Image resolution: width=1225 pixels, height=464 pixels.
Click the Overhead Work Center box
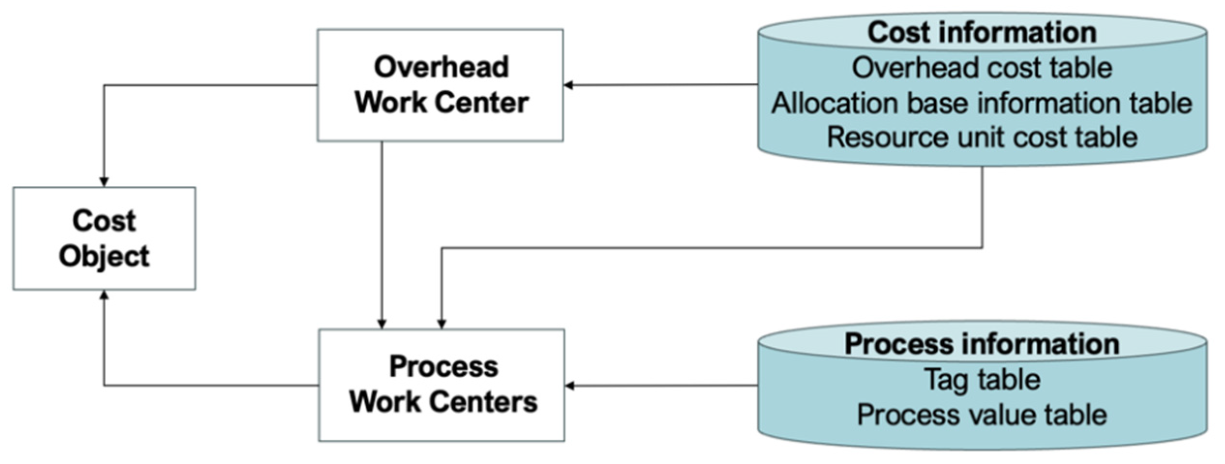coord(440,85)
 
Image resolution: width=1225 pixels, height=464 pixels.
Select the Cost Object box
coord(104,238)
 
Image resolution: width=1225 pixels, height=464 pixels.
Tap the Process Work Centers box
coord(441,385)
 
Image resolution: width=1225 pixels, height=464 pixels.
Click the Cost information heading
coord(982,32)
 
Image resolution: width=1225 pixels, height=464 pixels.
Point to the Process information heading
coord(982,344)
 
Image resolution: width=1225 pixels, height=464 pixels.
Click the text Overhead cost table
coord(982,68)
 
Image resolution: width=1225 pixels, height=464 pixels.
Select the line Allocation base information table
coord(982,103)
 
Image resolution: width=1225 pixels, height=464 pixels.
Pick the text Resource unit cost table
coord(982,138)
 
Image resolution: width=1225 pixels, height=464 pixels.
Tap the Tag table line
coord(982,379)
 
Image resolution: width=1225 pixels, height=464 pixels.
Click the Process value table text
coord(982,415)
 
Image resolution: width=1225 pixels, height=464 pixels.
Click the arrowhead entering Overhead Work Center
coord(569,85)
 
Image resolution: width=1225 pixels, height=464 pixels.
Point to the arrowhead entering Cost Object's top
coord(104,182)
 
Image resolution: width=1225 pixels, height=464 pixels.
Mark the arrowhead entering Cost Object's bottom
coord(104,295)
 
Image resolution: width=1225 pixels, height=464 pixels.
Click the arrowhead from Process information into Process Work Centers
coord(570,386)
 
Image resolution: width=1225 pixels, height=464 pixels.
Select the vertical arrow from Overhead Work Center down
coord(382,232)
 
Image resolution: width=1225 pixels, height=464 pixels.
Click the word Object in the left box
coord(104,256)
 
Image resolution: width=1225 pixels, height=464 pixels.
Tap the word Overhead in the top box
coord(441,67)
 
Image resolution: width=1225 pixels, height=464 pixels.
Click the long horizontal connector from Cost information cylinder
coord(711,248)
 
